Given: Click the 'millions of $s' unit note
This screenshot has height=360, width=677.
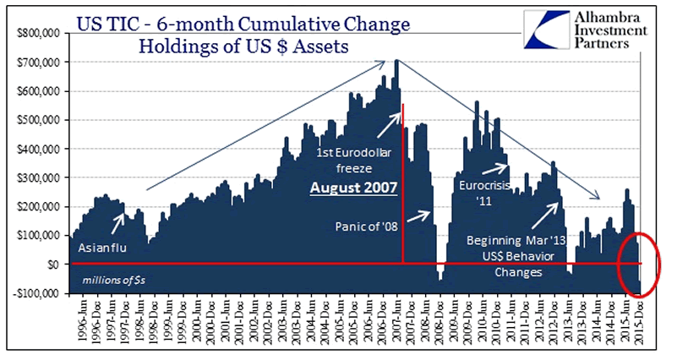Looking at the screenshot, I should point(112,280).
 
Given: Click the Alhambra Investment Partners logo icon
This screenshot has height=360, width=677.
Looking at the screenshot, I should point(549,30).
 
